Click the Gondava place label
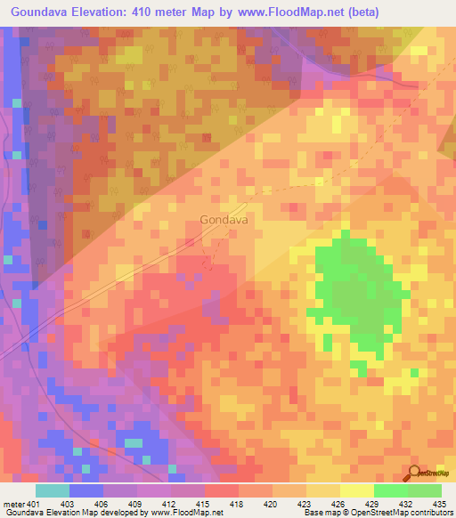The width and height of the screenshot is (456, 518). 224,219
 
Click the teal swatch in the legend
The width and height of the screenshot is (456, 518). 53,490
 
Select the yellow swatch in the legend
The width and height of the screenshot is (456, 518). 356,490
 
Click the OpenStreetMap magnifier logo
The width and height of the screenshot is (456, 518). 415,473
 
